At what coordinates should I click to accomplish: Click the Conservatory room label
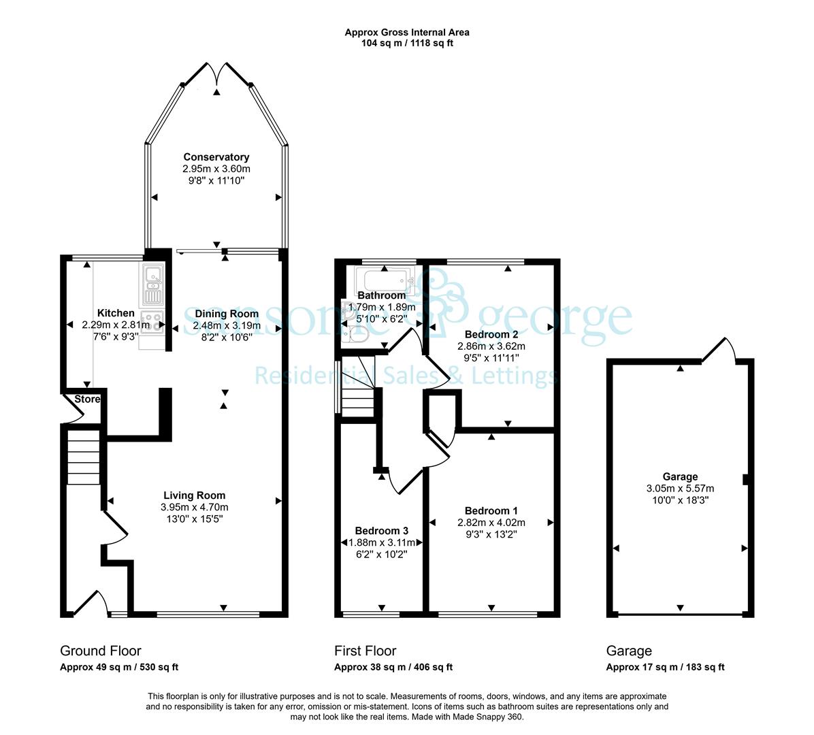click(x=216, y=157)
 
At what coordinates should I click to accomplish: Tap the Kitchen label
click(x=116, y=313)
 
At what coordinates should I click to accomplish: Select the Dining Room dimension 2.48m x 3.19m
click(x=227, y=325)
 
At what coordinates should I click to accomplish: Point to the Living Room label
click(x=194, y=495)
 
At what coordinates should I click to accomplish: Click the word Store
click(x=87, y=399)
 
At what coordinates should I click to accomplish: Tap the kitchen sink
click(x=152, y=284)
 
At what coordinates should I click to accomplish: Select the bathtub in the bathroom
click(x=384, y=280)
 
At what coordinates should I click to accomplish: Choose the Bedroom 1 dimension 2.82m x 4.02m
click(x=491, y=523)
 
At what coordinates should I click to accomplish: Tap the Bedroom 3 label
click(x=382, y=530)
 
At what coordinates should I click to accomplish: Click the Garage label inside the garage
click(x=680, y=476)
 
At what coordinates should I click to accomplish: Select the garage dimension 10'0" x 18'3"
click(x=680, y=500)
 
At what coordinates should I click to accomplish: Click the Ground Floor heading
click(x=101, y=651)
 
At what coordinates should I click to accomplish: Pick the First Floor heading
click(x=365, y=651)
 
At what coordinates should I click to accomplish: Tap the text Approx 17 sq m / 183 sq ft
click(x=666, y=667)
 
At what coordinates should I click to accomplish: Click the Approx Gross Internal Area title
click(x=407, y=32)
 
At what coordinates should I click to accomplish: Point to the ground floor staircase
click(x=83, y=457)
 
